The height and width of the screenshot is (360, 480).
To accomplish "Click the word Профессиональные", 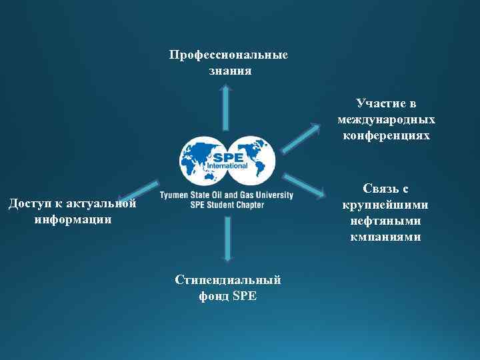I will [x=229, y=55].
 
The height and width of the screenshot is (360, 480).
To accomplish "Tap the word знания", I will [x=230, y=70].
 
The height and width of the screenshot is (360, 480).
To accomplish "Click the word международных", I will [x=387, y=120].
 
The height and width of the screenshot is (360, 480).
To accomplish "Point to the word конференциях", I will [x=387, y=135].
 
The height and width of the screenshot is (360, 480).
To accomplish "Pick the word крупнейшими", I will [x=385, y=205].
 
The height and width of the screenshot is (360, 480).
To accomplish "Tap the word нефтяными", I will [x=385, y=221].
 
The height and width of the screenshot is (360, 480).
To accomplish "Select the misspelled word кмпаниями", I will [x=385, y=237].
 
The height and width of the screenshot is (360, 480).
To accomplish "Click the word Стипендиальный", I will [x=228, y=281].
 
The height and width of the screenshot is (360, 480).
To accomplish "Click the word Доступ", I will [x=31, y=203].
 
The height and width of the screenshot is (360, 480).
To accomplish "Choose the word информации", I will [x=73, y=219].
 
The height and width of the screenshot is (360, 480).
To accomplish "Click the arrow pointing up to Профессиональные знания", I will [x=227, y=107].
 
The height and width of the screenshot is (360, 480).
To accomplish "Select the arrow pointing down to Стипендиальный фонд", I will [x=227, y=237].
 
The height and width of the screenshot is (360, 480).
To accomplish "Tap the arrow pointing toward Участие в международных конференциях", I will [x=299, y=137].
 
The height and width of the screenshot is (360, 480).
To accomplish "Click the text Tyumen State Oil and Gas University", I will [x=227, y=195].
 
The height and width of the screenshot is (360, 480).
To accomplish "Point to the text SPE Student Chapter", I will [x=227, y=205].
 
